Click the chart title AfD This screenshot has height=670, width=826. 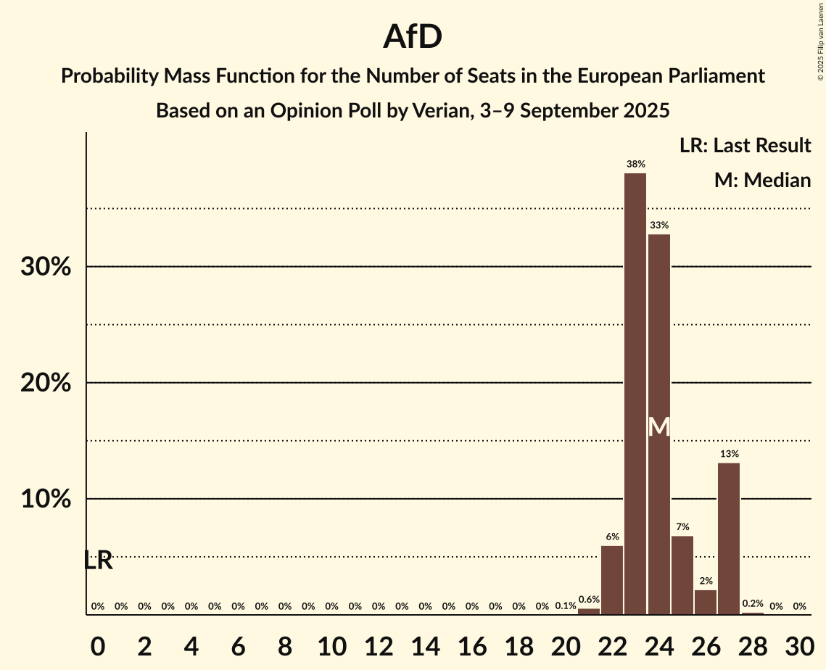click(413, 37)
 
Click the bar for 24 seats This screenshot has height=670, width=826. click(658, 424)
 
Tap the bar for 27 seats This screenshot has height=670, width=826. click(729, 539)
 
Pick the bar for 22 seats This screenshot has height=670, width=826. click(612, 580)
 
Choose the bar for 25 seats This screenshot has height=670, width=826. click(682, 575)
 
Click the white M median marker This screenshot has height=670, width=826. click(658, 427)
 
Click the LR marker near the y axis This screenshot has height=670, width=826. click(98, 561)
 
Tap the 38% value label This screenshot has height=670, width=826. click(635, 165)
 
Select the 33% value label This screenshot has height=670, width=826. click(658, 226)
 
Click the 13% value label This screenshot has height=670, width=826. click(729, 454)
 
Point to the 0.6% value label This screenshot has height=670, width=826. click(589, 600)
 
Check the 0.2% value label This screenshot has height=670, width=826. click(753, 604)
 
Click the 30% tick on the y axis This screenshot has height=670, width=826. click(46, 267)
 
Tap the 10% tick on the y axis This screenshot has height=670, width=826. click(46, 500)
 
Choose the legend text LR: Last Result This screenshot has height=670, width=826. click(745, 146)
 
